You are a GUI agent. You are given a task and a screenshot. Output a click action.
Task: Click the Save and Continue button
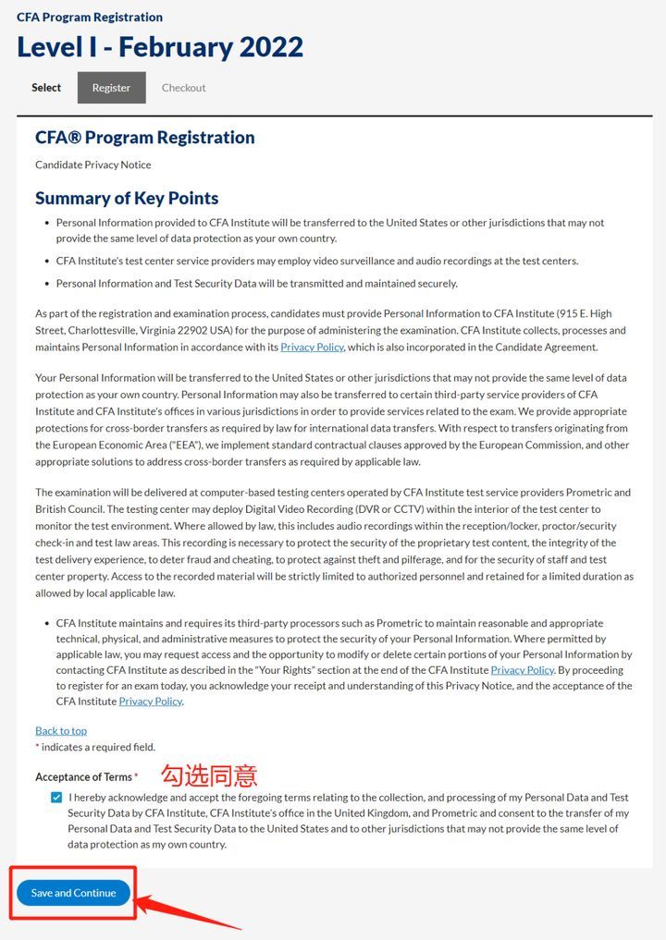(x=73, y=893)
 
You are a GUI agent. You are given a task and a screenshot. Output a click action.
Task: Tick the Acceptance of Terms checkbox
(x=58, y=797)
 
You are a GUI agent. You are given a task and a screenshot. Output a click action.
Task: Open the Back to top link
(x=61, y=730)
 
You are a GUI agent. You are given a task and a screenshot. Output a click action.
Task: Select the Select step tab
(x=46, y=88)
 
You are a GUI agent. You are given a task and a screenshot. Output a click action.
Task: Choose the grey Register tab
(x=111, y=88)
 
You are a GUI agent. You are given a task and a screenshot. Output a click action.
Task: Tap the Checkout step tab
(x=183, y=88)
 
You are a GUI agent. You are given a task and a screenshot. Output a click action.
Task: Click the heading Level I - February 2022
(x=160, y=47)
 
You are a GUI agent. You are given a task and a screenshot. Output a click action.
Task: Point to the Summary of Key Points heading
(x=127, y=198)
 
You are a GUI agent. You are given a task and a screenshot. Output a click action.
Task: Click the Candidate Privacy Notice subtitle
(x=92, y=165)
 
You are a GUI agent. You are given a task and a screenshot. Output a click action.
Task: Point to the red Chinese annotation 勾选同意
(x=209, y=775)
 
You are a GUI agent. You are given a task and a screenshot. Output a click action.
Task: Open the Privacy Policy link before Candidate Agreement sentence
(x=312, y=347)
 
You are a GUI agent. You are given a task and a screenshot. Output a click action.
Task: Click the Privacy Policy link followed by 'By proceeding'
(x=522, y=669)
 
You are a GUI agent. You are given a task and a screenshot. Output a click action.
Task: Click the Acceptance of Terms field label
(x=83, y=776)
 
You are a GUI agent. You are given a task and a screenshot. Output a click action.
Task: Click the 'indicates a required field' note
(x=97, y=747)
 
